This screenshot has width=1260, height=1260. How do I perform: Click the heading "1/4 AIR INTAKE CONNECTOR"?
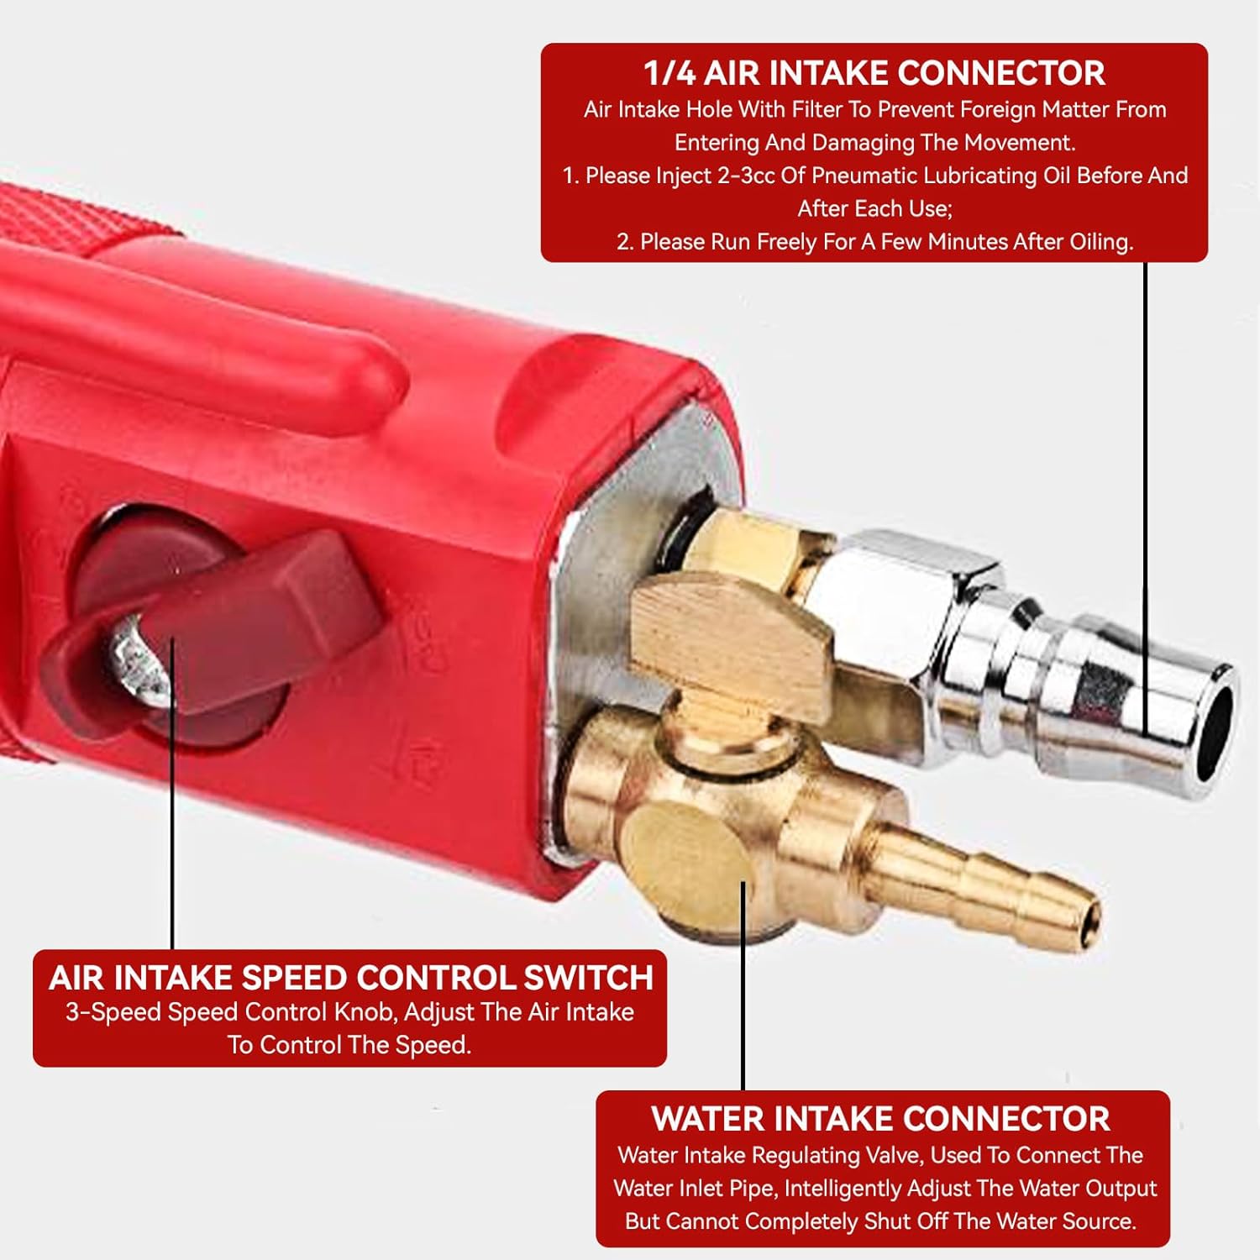tap(874, 73)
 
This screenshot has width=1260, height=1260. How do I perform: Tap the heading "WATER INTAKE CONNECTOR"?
tap(881, 1119)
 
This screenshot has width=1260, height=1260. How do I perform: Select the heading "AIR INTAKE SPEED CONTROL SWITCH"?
tap(351, 978)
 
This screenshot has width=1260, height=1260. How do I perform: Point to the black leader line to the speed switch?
tap(172, 794)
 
